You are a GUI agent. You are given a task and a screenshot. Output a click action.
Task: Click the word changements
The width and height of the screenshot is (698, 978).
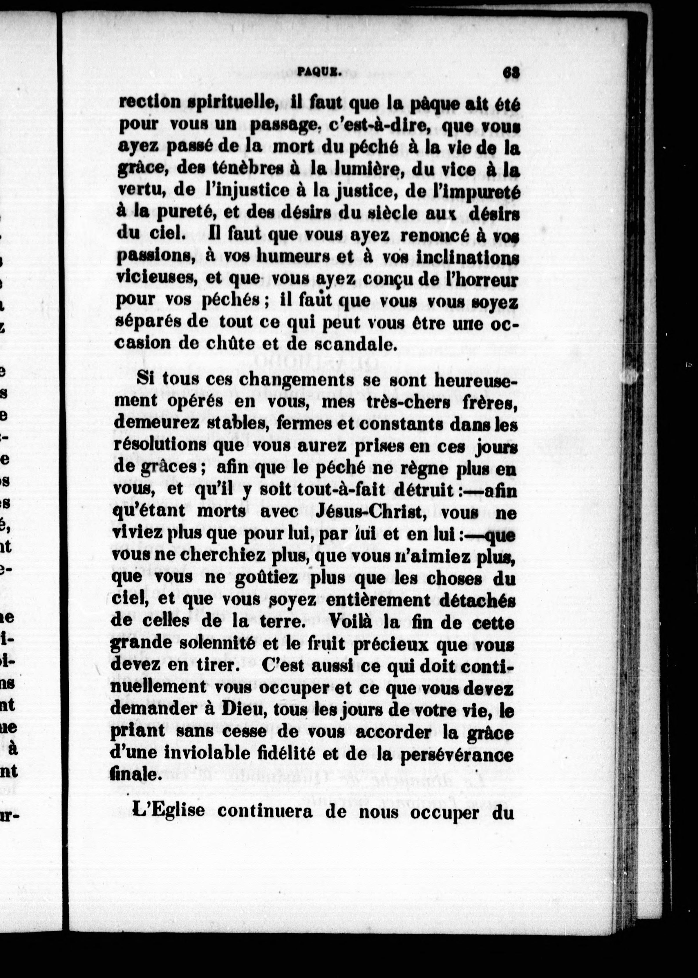click(296, 380)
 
